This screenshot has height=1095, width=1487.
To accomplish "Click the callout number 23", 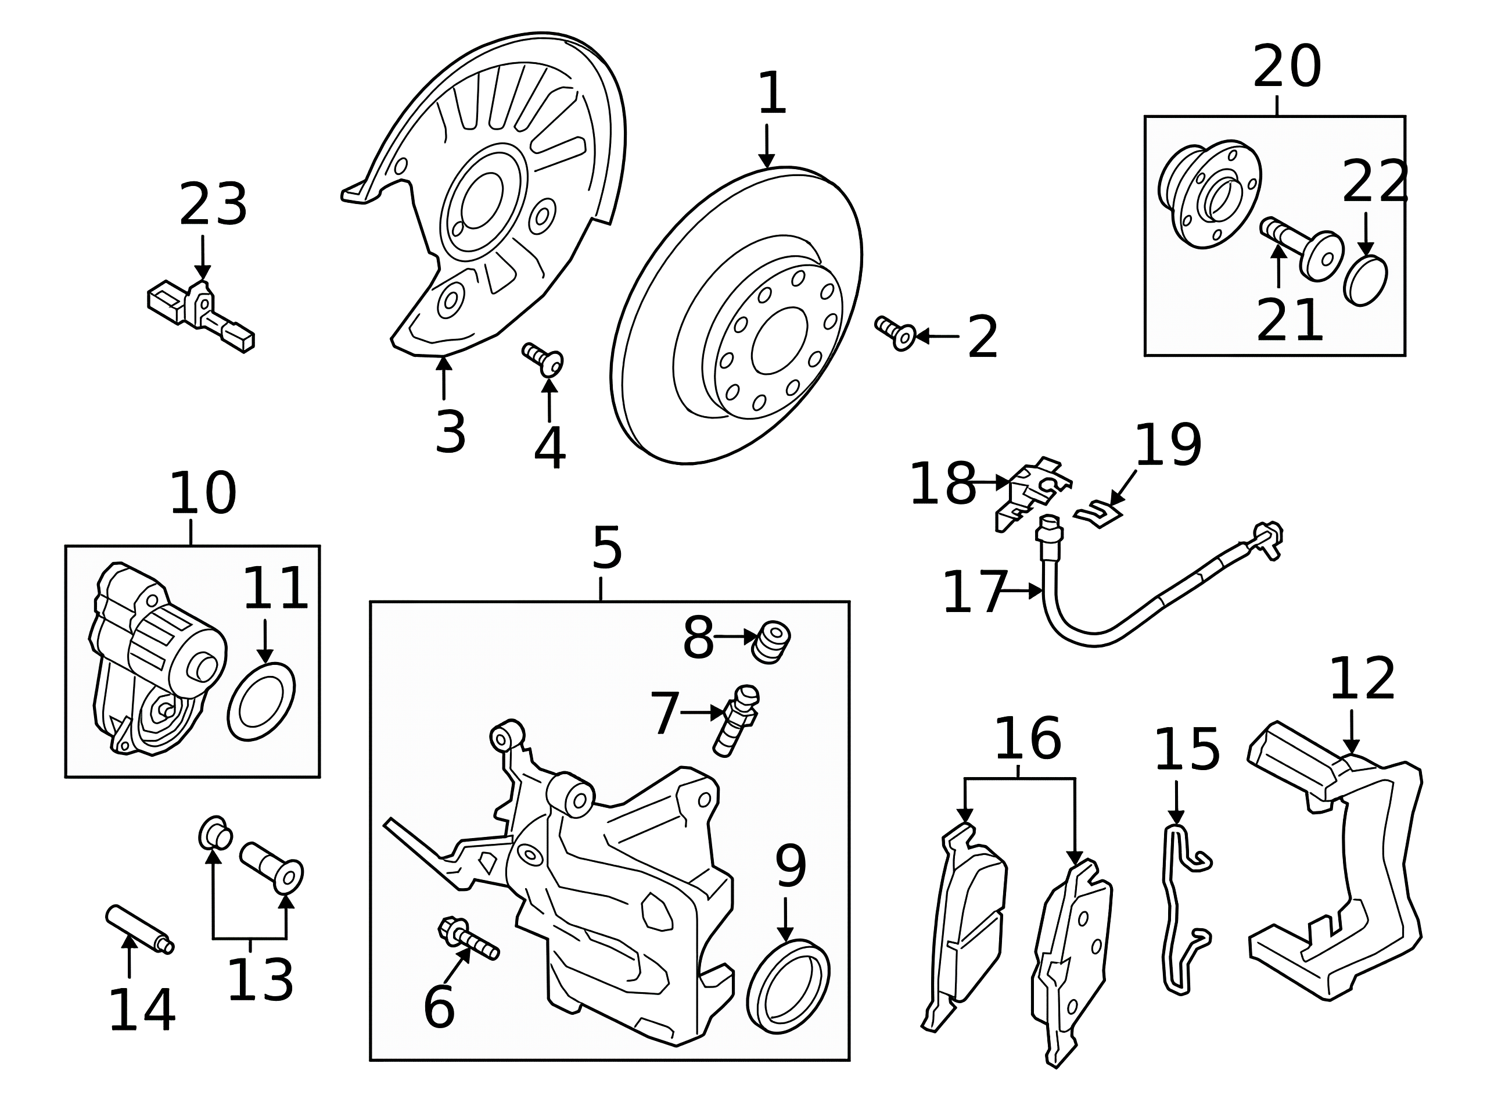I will [213, 206].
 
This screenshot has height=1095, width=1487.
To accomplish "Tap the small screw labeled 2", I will [895, 332].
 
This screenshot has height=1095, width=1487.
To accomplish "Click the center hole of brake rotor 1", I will [779, 340].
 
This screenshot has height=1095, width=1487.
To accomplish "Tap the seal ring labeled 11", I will [261, 702].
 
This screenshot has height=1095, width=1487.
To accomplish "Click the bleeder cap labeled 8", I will [770, 640].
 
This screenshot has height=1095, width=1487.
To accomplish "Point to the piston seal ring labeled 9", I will [788, 986].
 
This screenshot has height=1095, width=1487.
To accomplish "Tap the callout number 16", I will [1028, 739].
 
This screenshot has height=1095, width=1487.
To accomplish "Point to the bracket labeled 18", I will [1033, 491].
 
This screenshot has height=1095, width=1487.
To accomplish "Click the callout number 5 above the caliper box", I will [607, 547].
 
